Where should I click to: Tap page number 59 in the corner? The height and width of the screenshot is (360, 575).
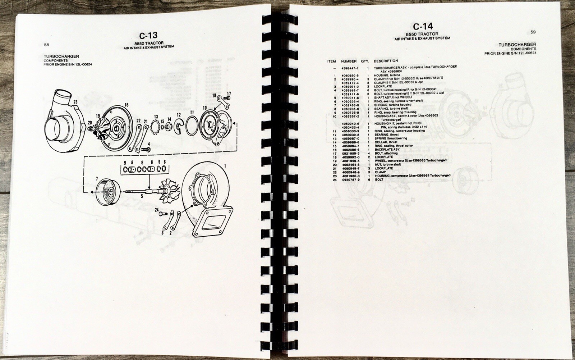tap(533, 32)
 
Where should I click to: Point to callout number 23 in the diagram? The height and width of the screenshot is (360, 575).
tap(75, 102)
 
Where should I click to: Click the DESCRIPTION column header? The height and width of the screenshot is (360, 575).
tap(386, 61)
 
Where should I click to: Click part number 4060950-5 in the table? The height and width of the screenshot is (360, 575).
tap(349, 76)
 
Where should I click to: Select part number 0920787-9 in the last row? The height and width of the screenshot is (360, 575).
tap(349, 179)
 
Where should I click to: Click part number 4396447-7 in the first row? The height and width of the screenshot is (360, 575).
tap(349, 68)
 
